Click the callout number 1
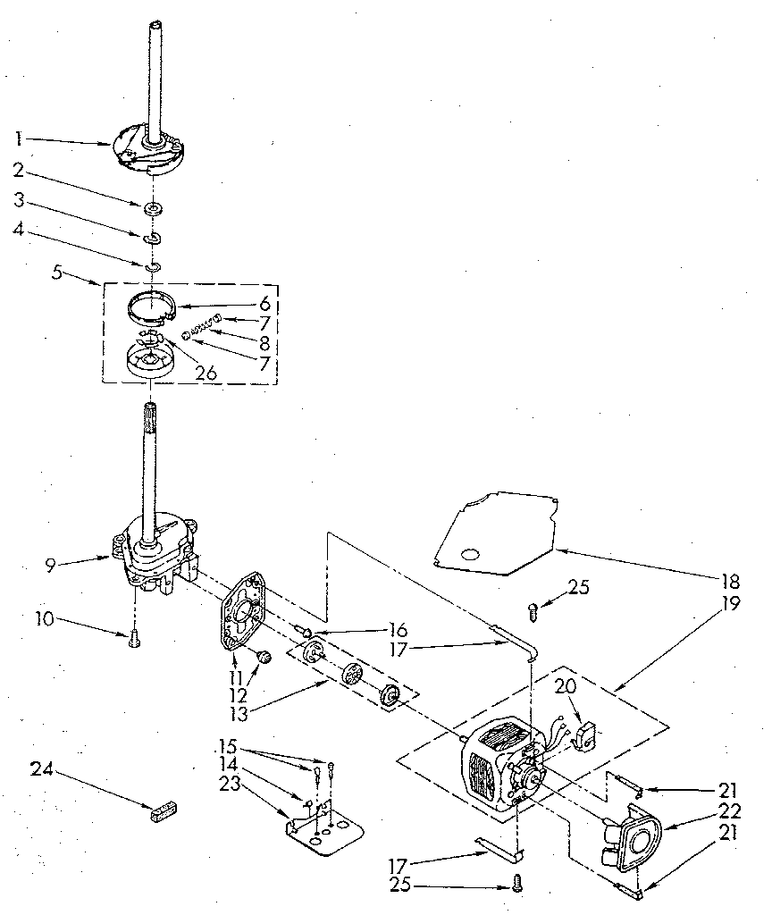click(18, 139)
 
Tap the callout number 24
click(39, 768)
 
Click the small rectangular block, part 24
click(162, 811)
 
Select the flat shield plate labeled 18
click(496, 532)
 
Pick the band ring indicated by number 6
click(149, 304)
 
